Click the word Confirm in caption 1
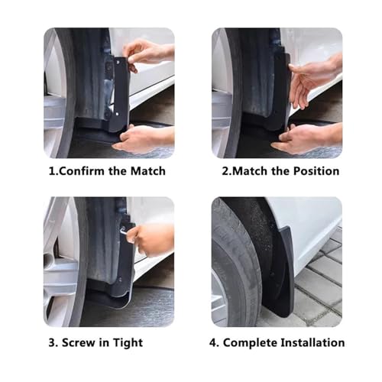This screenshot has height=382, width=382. [x=82, y=171]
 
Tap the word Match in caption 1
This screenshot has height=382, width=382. [x=147, y=171]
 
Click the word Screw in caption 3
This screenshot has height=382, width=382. [x=79, y=342]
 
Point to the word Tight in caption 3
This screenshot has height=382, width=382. [x=128, y=343]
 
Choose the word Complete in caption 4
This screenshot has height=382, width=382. [x=251, y=343]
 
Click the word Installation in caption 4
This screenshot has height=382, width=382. [x=313, y=342]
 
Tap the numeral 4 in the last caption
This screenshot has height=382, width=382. [x=212, y=343]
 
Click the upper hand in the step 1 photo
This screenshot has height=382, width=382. [x=147, y=54]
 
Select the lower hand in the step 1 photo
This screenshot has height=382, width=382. [x=144, y=139]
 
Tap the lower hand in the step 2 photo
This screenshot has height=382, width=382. [x=308, y=140]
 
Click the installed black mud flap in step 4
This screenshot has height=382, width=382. [x=279, y=273]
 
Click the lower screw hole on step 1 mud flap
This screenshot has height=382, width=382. [x=117, y=115]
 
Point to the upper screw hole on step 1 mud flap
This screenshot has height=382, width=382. [x=118, y=62]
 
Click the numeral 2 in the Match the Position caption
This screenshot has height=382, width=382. [x=225, y=171]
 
